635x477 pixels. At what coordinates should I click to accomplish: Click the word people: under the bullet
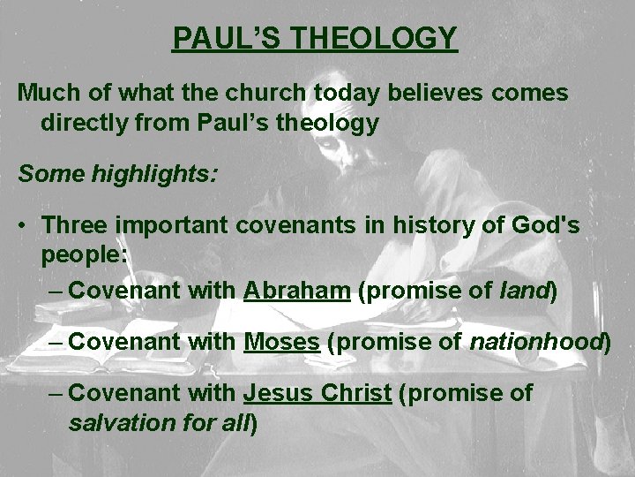pos(85,255)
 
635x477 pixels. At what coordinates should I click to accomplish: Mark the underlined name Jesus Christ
pos(317,393)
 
